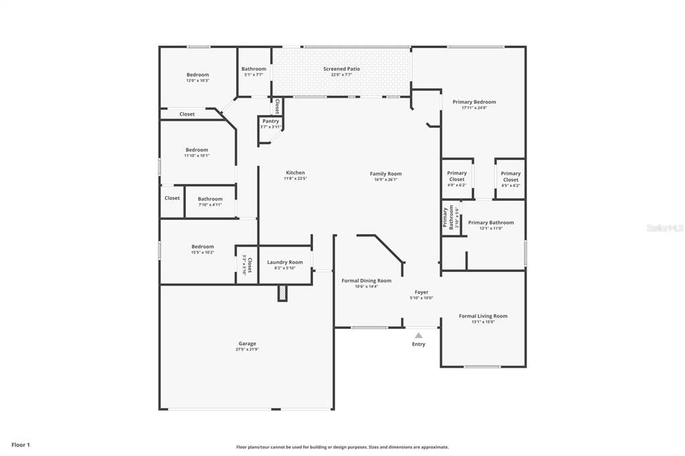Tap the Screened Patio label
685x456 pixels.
(x=341, y=69)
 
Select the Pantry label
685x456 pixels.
(x=270, y=121)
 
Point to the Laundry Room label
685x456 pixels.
(x=285, y=262)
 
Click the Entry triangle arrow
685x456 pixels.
(x=418, y=336)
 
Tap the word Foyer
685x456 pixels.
(x=421, y=292)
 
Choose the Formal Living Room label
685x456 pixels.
(x=483, y=316)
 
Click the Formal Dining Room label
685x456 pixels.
(x=366, y=281)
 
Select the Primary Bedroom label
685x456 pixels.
(x=474, y=102)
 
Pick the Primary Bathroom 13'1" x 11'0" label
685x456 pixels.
(x=491, y=223)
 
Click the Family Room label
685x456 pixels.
(x=386, y=174)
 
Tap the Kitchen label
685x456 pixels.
(x=294, y=173)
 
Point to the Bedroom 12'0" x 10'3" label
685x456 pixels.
(x=197, y=75)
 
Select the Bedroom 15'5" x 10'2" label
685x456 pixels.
(x=202, y=247)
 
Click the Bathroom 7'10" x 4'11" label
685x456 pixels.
(x=210, y=199)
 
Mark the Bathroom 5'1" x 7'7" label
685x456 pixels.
(x=254, y=69)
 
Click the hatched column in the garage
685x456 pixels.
(x=282, y=293)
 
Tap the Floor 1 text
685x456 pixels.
(x=21, y=445)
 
